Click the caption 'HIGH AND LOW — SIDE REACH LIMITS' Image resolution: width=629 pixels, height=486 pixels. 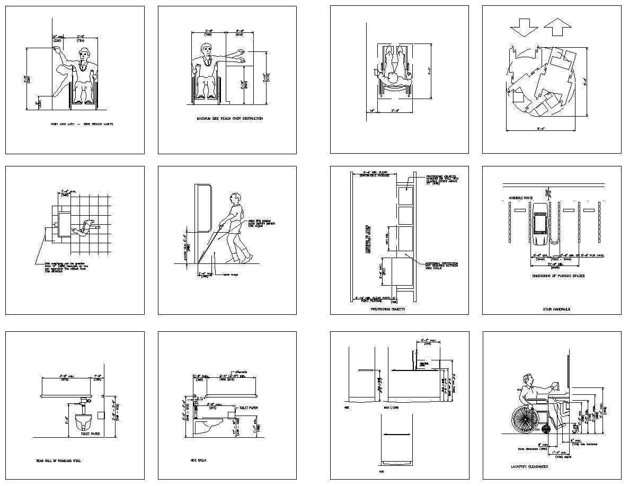tap(82, 124)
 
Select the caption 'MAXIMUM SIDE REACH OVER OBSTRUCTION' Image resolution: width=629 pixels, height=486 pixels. tap(229, 119)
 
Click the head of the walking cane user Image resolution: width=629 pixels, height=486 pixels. tap(236, 200)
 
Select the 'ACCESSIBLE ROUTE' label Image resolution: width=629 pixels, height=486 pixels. tap(520, 198)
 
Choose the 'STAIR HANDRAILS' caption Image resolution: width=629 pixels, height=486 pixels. tap(556, 308)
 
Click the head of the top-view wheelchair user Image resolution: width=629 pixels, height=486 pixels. tap(392, 78)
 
